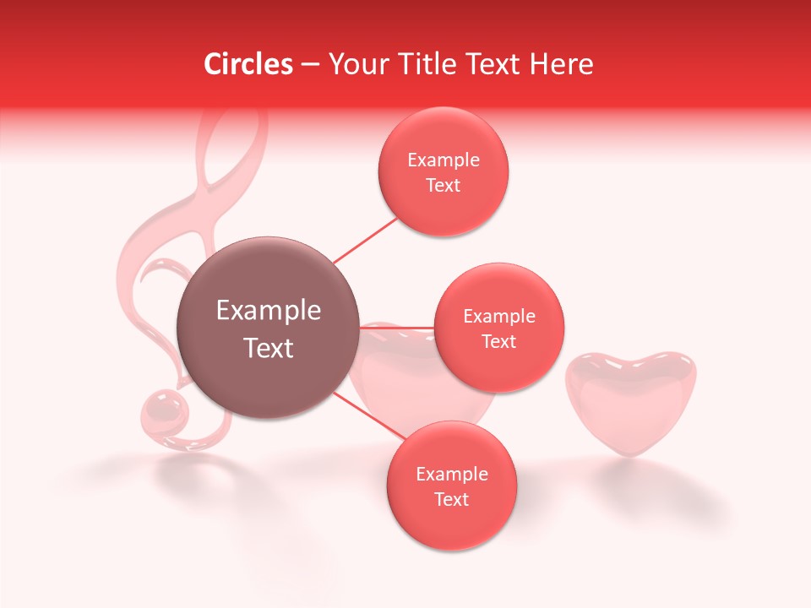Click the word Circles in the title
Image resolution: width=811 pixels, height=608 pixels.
pyautogui.click(x=248, y=64)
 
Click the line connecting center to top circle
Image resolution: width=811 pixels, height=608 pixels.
pyautogui.click(x=365, y=240)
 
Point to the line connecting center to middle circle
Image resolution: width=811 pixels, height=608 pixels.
pyautogui.click(x=397, y=327)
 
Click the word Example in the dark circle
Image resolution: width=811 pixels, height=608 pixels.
pyautogui.click(x=269, y=311)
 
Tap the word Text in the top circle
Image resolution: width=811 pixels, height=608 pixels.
pyautogui.click(x=444, y=186)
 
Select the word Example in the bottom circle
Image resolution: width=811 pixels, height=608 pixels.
pyautogui.click(x=451, y=475)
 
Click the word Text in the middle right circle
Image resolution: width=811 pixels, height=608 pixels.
pyautogui.click(x=499, y=342)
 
